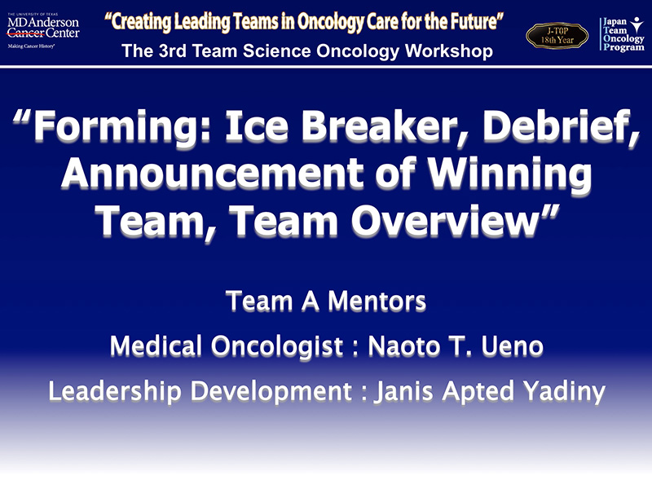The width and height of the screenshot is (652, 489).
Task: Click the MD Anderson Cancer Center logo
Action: coord(43,31)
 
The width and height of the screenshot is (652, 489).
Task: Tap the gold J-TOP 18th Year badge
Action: coord(557,36)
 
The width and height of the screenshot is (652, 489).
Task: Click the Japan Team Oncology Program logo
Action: coord(622,34)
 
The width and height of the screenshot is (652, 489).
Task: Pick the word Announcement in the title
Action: coord(213,174)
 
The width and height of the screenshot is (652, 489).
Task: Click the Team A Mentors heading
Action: coord(326,301)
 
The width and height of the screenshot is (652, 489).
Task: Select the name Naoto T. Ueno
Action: coord(456,346)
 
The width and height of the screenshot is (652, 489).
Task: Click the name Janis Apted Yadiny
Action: coord(490,392)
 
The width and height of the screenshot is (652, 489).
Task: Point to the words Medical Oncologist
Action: coord(227,346)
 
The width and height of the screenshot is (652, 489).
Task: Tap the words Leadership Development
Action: coord(200,392)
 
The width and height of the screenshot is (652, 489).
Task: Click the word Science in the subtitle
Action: coord(276,51)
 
